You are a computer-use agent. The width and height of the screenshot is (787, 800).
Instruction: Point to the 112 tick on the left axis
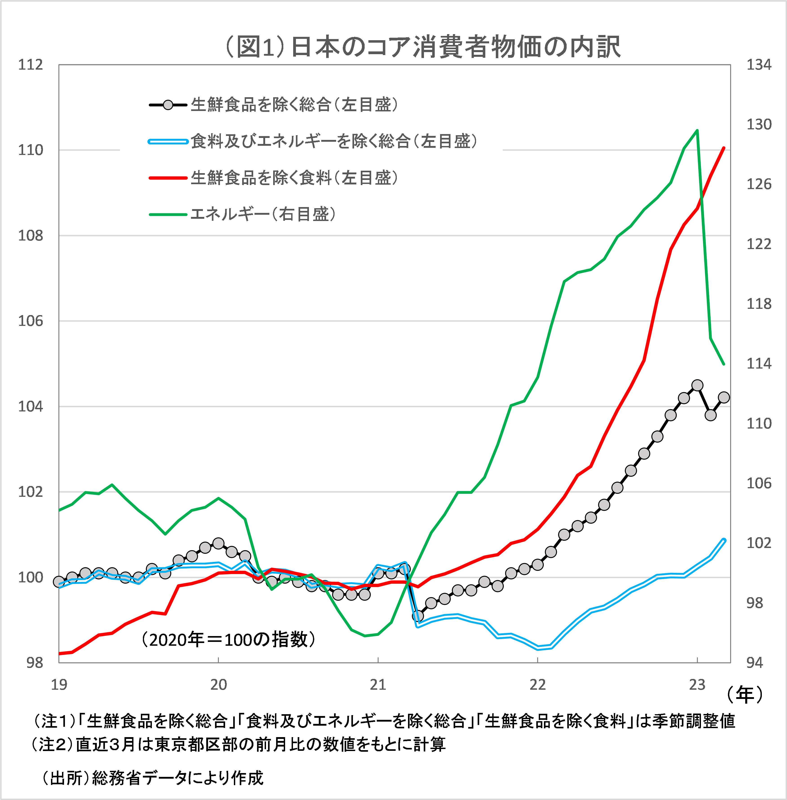pos(30,65)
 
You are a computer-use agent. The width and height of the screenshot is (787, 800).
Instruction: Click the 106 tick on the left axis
pos(30,321)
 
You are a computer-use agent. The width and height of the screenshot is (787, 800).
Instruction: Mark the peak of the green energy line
pos(697,130)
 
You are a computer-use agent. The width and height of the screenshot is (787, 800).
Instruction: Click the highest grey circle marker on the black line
pos(697,385)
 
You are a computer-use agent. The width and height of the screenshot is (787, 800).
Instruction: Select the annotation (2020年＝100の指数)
pos(228,640)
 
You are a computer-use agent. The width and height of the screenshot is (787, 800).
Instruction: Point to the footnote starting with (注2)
pos(239,744)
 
